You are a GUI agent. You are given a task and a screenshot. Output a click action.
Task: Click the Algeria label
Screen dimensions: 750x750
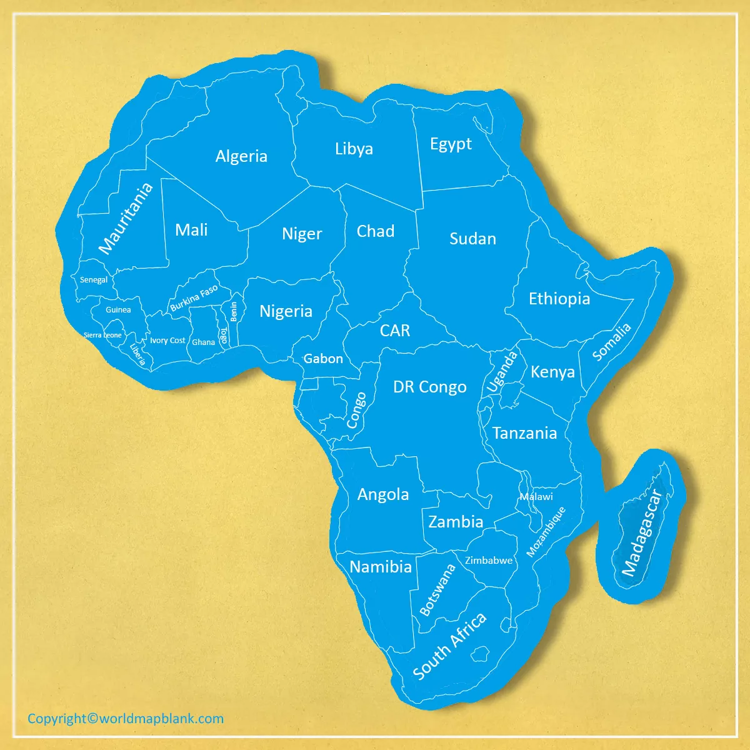[241, 156]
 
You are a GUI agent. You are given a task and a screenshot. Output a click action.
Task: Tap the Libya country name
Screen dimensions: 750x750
[354, 149]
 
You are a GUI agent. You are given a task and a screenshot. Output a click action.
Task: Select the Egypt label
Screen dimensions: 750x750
[451, 144]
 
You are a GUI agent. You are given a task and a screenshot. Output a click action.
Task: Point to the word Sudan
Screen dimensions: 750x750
[472, 239]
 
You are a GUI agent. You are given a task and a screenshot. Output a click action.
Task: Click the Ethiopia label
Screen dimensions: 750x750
[559, 299]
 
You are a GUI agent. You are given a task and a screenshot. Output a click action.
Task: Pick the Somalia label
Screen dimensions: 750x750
[612, 342]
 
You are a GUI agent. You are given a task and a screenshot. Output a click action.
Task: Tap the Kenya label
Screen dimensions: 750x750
[552, 372]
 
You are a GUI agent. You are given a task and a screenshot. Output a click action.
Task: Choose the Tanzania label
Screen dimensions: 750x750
[524, 433]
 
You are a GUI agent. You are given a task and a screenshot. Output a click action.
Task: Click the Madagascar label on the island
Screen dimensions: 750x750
[641, 532]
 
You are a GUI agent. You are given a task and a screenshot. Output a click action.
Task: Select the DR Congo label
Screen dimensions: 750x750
[429, 387]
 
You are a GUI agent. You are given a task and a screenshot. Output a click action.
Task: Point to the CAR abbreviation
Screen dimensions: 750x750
[395, 331]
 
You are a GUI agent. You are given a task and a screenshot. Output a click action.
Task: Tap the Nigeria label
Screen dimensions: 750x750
[286, 311]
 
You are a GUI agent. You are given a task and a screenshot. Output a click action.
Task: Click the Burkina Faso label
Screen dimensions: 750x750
[194, 297]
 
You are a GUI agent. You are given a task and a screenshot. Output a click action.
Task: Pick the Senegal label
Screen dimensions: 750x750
[94, 280]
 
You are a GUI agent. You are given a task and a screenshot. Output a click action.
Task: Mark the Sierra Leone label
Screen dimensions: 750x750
[103, 335]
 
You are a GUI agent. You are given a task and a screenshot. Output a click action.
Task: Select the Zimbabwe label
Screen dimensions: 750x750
[489, 561]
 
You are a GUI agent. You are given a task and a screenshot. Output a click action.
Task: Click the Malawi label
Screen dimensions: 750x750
[536, 497]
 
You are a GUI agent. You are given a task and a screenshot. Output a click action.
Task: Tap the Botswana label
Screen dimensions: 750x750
[437, 590]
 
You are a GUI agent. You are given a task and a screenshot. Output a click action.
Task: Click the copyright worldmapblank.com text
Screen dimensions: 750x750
[126, 719]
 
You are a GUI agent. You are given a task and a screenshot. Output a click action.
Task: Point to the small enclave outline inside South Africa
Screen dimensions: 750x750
[480, 654]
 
